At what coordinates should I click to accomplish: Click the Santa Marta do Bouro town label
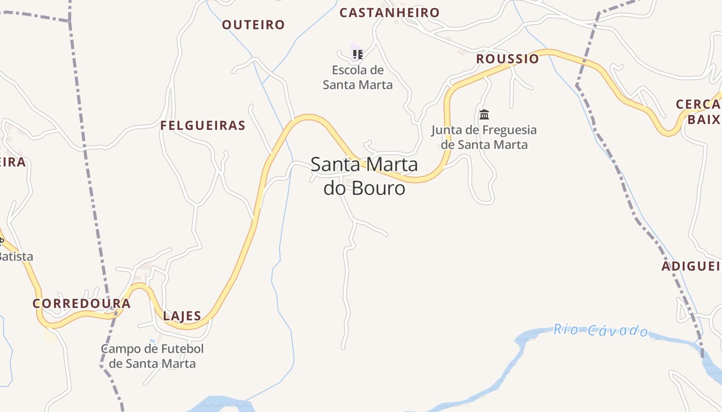click(364, 176)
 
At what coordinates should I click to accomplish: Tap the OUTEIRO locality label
click(253, 25)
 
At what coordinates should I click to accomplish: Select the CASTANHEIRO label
click(389, 13)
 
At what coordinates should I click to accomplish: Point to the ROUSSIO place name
click(507, 59)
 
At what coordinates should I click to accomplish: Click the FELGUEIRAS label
click(203, 126)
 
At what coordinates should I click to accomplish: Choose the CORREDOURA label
click(81, 303)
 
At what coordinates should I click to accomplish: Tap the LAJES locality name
click(182, 316)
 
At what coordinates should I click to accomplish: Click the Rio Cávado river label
click(601, 330)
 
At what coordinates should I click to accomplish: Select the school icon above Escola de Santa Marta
click(357, 54)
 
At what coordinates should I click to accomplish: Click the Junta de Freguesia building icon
click(484, 114)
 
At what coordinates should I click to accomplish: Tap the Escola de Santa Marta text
click(358, 77)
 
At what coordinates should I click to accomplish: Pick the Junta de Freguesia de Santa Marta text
click(484, 137)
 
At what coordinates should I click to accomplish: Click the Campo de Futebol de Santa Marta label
click(152, 356)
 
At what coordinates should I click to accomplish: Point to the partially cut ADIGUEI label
click(691, 266)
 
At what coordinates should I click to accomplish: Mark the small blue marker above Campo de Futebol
click(152, 341)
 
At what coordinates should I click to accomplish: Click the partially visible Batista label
click(15, 256)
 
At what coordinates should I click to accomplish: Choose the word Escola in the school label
click(351, 70)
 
